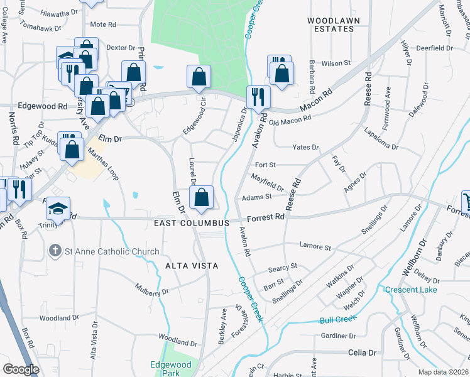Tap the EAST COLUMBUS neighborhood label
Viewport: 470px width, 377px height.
pos(195,224)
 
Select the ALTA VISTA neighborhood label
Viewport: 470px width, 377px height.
pos(192,266)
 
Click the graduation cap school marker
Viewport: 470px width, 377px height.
pos(58,209)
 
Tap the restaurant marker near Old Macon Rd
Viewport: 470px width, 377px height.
pos(258,97)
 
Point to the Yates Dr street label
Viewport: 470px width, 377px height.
pos(306,147)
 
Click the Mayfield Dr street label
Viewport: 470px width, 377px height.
pos(267,183)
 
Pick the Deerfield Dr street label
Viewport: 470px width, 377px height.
pos(434,48)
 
